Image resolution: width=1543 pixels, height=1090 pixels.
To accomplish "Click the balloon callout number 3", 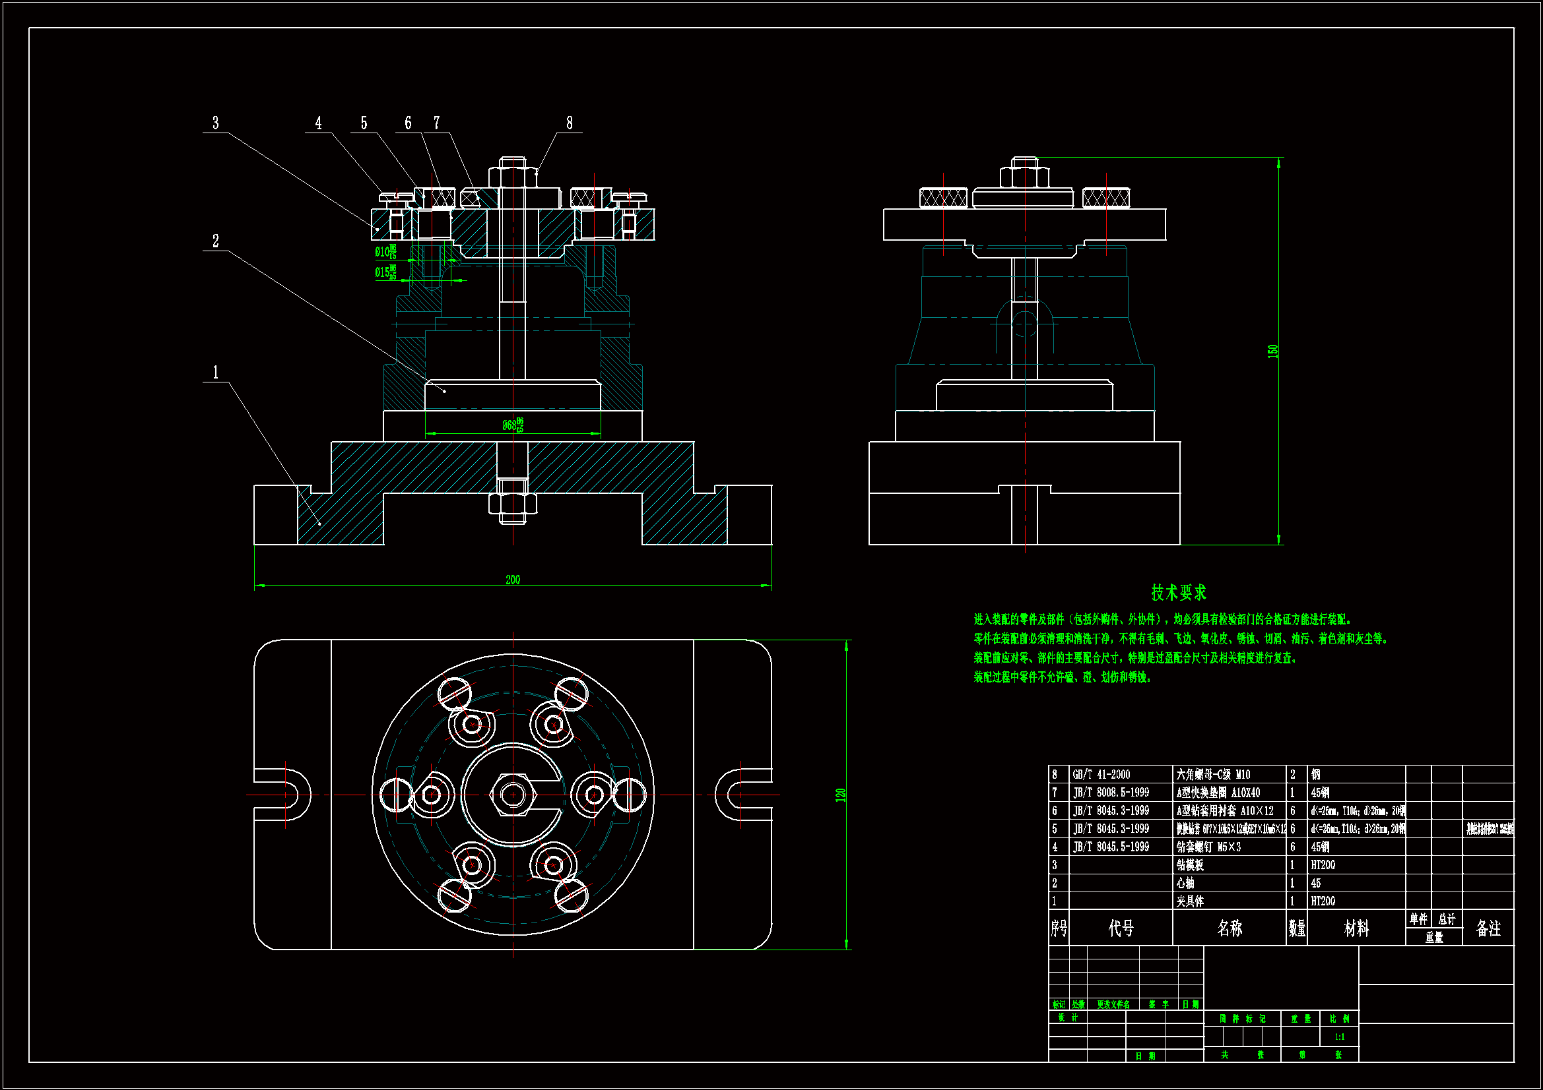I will click(x=216, y=123).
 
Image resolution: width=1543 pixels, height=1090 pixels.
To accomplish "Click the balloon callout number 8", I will click(x=569, y=123).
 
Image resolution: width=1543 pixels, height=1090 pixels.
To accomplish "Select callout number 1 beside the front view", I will click(x=216, y=372).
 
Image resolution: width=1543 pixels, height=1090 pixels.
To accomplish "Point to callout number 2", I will click(x=216, y=241).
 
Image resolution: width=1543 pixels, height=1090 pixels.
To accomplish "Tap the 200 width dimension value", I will click(x=513, y=579).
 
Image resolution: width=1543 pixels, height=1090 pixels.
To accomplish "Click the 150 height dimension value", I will click(x=1272, y=351).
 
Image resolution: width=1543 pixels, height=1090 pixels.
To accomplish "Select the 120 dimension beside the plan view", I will click(x=840, y=795).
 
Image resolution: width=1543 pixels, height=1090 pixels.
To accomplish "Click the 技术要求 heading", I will click(x=1179, y=592).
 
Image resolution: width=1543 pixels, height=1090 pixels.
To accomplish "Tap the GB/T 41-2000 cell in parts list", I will click(x=1101, y=774).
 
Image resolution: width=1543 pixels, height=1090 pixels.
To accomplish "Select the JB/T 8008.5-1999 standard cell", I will click(x=1111, y=793).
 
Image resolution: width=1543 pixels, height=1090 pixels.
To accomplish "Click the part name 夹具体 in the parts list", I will click(x=1190, y=901).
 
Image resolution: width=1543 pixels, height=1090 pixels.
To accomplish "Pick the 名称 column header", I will click(x=1230, y=928).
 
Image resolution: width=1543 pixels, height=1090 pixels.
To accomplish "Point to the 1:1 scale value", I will click(x=1339, y=1037).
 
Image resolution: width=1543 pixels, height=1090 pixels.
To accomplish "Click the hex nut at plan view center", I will click(x=513, y=795).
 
